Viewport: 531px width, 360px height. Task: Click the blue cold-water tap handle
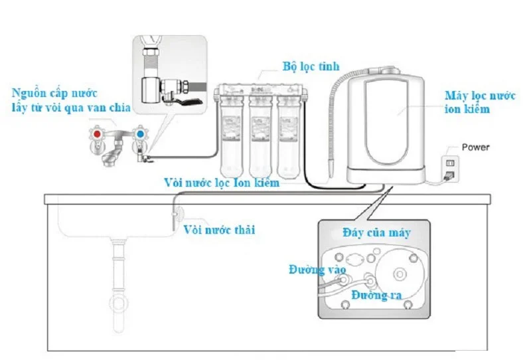(140, 134)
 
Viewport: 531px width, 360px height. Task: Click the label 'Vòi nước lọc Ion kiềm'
(222, 181)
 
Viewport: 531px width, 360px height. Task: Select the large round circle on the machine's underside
(398, 273)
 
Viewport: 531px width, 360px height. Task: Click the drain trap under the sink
(121, 302)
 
